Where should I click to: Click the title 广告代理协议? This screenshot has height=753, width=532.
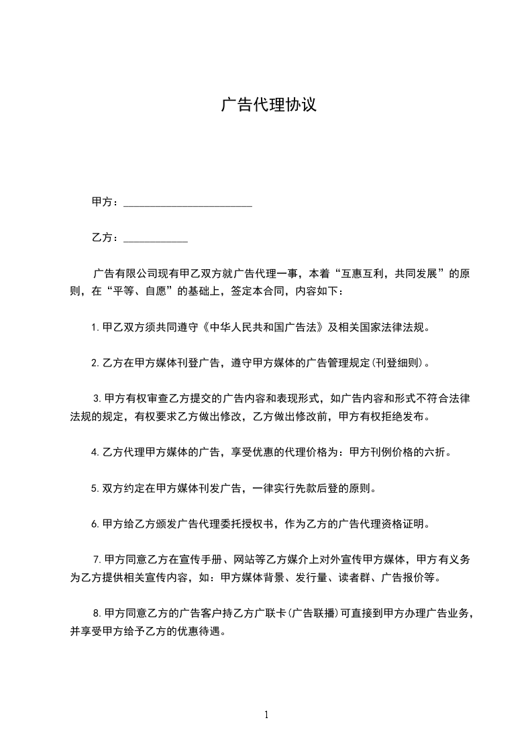[268, 105]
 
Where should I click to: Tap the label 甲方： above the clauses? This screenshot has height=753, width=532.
[106, 202]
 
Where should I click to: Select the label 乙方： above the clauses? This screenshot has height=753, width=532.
[106, 238]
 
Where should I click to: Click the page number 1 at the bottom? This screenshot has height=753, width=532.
[266, 715]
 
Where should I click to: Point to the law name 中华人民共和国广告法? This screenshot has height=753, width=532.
[264, 328]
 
